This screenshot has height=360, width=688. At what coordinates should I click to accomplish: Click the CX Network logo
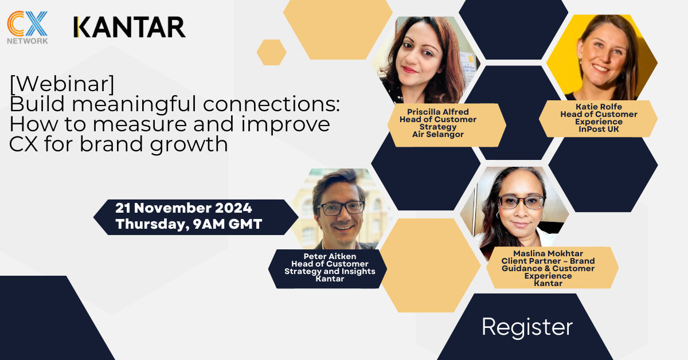click(28, 28)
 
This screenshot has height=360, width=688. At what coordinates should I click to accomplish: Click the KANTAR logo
click(130, 27)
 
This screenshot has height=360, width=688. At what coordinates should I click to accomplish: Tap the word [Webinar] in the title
click(62, 84)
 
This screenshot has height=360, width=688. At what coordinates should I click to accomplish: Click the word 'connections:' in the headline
click(271, 104)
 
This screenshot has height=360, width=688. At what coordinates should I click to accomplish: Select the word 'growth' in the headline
click(189, 144)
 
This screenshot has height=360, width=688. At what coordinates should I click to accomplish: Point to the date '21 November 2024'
click(183, 208)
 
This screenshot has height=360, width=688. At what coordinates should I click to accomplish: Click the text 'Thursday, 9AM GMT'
click(189, 224)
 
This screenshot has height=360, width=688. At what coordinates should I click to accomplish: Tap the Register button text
click(527, 327)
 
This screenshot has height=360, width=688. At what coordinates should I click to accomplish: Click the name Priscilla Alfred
click(438, 112)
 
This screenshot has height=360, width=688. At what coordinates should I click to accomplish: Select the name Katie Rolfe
click(599, 107)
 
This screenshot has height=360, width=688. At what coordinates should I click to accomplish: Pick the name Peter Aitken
click(330, 256)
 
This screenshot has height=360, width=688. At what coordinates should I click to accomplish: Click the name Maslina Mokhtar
click(548, 253)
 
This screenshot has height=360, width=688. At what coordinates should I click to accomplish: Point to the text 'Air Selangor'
click(438, 135)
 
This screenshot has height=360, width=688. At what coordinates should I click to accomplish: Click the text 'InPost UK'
click(599, 130)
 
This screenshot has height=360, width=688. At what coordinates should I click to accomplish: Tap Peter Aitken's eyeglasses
click(341, 208)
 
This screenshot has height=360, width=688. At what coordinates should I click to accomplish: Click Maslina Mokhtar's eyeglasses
click(521, 202)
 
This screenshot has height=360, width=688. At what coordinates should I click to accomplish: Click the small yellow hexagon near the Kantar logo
click(272, 52)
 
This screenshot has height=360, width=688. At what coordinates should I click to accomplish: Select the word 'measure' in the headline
click(140, 124)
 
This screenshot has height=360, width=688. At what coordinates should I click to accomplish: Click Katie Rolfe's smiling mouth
click(600, 68)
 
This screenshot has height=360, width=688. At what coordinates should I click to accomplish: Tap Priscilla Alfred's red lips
click(410, 70)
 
